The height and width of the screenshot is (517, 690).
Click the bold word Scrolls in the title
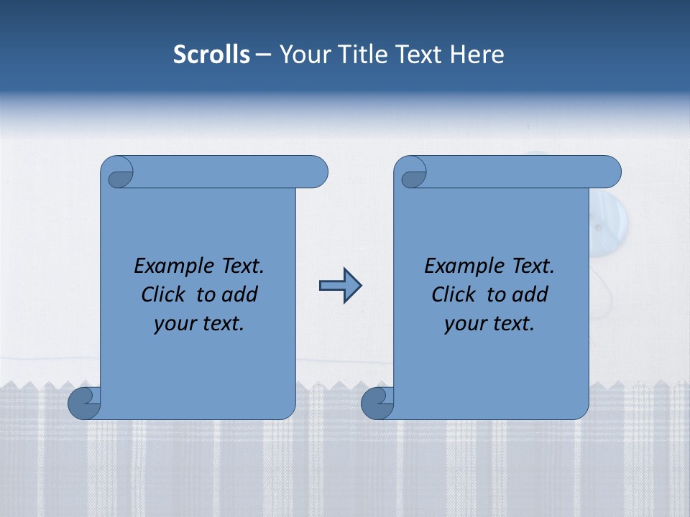211,55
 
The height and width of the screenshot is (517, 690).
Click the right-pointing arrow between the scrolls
340,286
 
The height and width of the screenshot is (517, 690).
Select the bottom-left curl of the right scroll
377,403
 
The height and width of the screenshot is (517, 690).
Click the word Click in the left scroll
165,294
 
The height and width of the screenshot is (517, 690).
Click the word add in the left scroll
240,294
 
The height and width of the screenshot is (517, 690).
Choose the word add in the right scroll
530,294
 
